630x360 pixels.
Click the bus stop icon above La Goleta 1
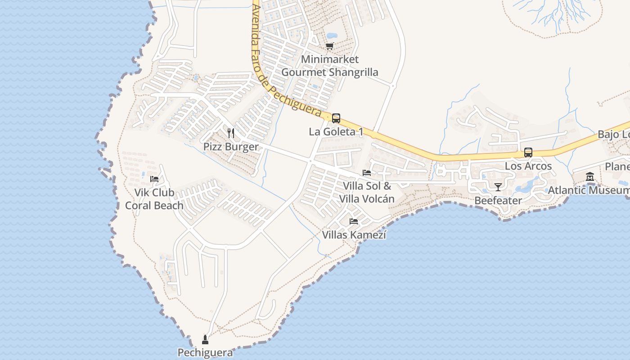pos(336,118)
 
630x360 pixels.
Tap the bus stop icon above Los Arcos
pos(528,153)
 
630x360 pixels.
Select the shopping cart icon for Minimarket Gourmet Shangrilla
pos(330,46)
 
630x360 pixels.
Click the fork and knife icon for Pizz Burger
pos(231,133)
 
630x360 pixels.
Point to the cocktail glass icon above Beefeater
pos(498,187)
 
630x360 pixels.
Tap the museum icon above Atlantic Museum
pos(590,177)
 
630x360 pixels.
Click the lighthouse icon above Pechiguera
pos(205,339)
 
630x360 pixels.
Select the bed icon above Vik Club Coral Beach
pos(154,179)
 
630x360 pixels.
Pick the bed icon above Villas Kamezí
pos(354,221)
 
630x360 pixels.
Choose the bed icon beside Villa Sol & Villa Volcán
pos(367,173)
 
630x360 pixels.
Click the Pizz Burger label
pos(231,147)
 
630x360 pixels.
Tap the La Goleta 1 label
pos(336,132)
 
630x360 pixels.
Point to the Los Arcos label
pos(528,166)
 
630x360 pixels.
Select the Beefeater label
pos(498,201)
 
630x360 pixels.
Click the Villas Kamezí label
pos(354,235)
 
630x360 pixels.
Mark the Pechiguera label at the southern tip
pos(205,352)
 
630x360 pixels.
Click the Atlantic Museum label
pos(588,190)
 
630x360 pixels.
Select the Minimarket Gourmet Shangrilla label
pos(330,66)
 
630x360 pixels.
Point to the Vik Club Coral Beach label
pos(154,199)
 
